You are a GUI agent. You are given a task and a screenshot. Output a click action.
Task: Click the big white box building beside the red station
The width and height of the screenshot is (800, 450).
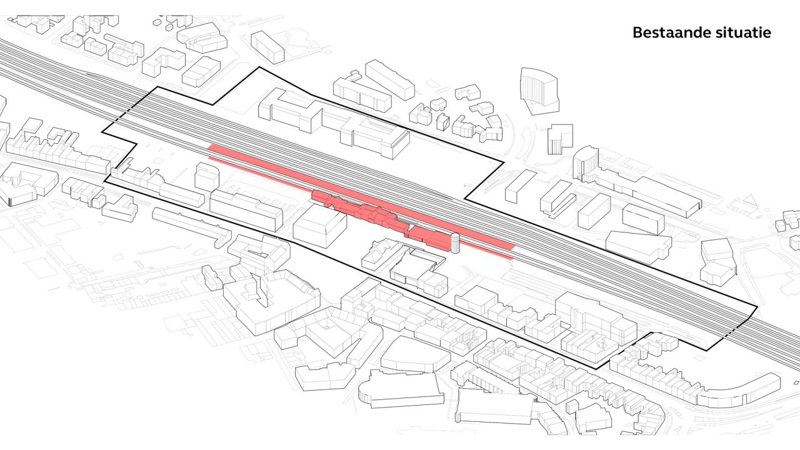(319, 225)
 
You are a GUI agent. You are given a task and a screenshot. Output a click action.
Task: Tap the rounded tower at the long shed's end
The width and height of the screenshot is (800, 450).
(585, 164)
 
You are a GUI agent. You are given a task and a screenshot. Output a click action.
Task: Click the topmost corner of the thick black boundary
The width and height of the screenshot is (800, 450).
(257, 67)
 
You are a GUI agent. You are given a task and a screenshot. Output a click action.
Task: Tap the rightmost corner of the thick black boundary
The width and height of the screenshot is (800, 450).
(757, 307)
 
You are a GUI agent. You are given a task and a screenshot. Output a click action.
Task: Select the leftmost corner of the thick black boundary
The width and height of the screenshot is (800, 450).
(103, 133)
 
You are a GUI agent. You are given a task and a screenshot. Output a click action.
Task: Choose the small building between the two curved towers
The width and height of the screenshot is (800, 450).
(559, 137)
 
